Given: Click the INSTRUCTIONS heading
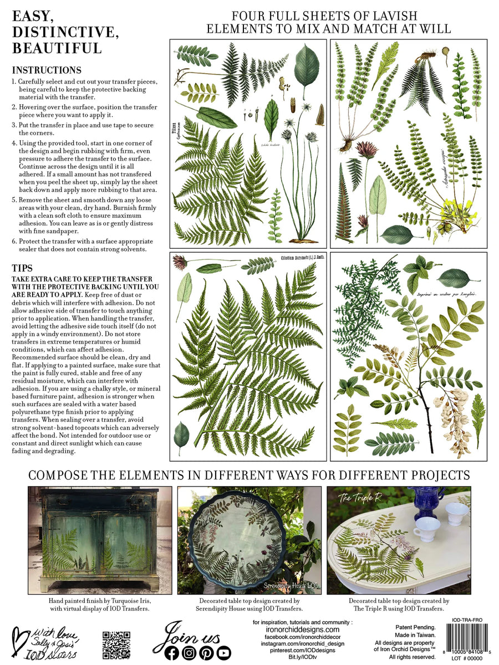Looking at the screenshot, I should (47, 70).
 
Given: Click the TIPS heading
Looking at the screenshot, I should (23, 268).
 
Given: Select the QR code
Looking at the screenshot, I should (116, 644).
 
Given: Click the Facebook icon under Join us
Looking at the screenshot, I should (172, 653).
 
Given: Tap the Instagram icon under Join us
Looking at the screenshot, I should (189, 653).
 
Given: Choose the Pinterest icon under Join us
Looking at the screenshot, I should (206, 653).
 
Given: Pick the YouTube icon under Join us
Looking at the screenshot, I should (223, 653).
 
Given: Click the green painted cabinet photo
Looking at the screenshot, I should (93, 540).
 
